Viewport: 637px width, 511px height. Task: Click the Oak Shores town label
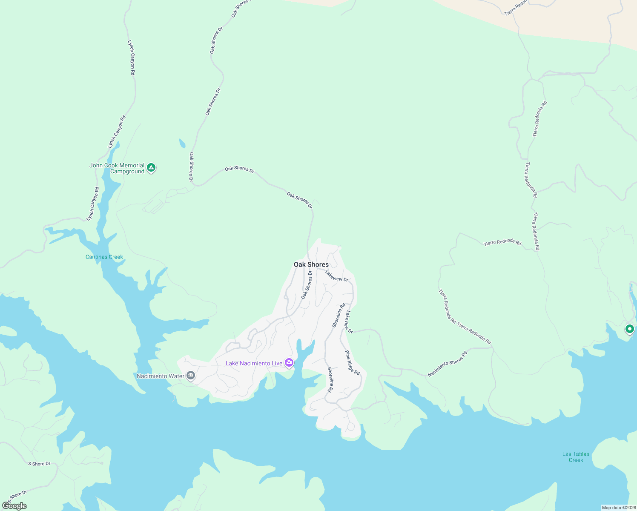point(311,264)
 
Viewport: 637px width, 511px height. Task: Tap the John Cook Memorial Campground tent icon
point(151,168)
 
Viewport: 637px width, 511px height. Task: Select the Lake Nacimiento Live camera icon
point(289,363)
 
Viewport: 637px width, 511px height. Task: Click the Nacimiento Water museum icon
point(190,376)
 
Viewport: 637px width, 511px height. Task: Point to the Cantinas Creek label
point(104,257)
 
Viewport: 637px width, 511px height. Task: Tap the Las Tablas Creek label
point(576,457)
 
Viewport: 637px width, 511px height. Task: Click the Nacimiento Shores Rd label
point(448,364)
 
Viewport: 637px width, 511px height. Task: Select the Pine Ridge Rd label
point(352,363)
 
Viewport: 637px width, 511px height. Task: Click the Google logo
point(14,506)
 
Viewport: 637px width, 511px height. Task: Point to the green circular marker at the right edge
point(629,329)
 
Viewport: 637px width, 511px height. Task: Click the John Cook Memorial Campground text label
point(117,168)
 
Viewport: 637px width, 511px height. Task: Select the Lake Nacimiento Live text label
point(254,363)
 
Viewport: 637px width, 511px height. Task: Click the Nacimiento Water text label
point(161,376)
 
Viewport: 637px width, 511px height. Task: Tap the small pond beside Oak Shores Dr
point(182,143)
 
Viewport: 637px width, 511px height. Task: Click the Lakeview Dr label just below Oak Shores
point(336,276)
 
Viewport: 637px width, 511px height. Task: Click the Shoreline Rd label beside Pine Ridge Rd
point(330,379)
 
